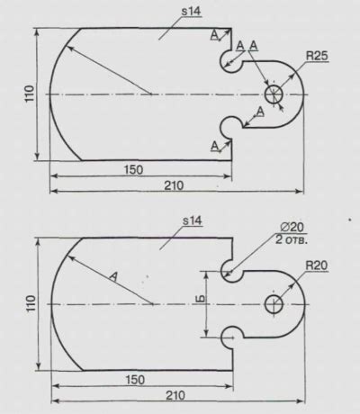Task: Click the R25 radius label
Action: point(317,56)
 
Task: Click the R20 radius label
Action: point(317,265)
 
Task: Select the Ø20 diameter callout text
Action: point(292,227)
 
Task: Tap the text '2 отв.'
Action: point(292,240)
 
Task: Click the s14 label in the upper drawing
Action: point(191,12)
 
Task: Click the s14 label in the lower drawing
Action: point(193,221)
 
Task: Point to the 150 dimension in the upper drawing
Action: point(134,170)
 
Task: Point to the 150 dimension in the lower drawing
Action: point(135,380)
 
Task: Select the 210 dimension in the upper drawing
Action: point(174,185)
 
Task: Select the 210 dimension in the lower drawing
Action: point(175,395)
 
